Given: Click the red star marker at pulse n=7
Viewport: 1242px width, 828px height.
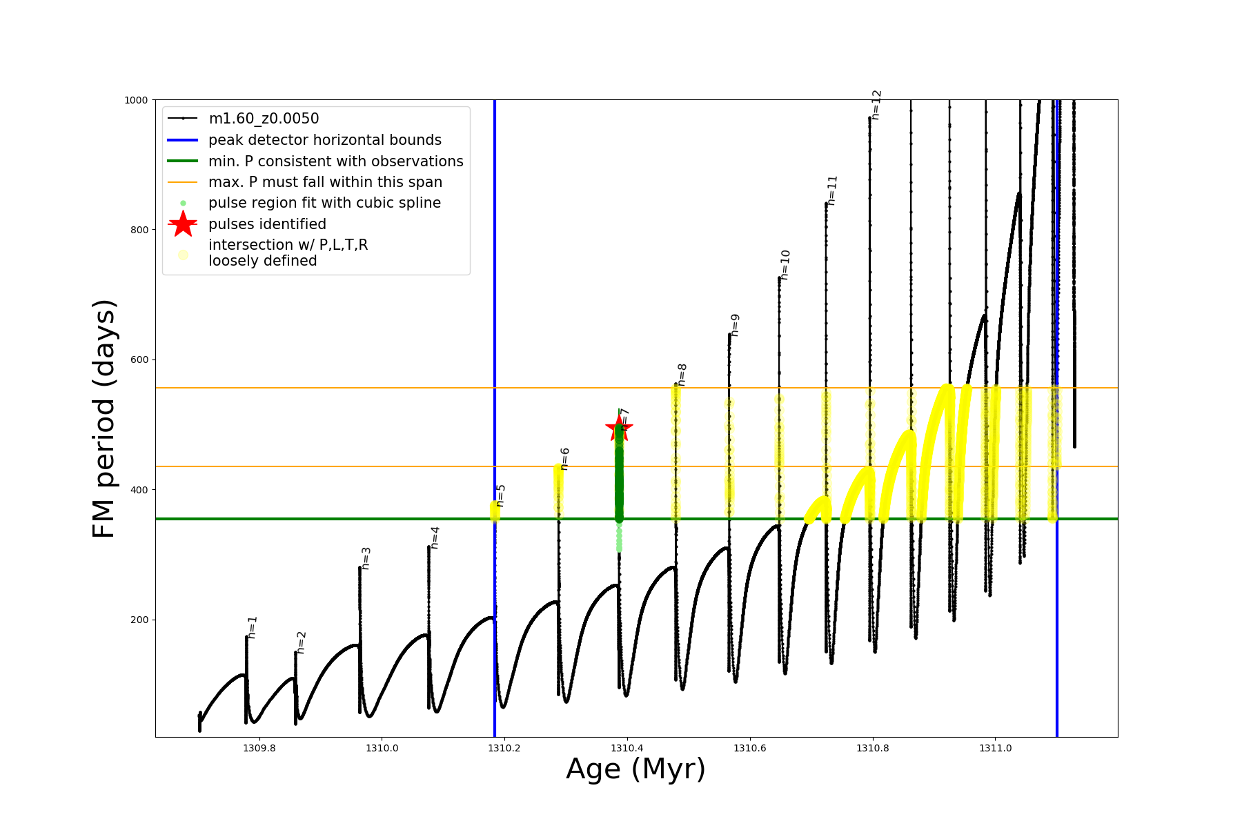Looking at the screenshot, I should (618, 428).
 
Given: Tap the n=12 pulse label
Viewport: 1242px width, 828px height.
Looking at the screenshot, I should (876, 105).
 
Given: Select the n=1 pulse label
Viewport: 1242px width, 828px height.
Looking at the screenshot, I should (253, 627).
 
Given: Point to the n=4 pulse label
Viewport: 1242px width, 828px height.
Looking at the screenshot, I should (435, 538).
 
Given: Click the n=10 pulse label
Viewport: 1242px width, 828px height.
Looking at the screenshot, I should (785, 265).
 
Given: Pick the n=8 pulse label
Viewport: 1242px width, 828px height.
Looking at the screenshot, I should (682, 375).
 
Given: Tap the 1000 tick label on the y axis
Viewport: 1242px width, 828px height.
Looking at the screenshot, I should (136, 100).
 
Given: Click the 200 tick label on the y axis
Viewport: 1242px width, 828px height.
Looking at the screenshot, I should (139, 620).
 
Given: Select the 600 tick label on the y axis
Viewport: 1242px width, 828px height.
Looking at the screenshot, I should (139, 359).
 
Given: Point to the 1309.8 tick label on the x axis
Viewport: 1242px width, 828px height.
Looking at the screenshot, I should (259, 748).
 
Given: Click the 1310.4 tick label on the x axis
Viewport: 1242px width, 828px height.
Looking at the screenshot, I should (627, 748).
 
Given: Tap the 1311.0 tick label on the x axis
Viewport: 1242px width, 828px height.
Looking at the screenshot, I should (995, 748).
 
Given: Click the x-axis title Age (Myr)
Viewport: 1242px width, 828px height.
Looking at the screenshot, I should (635, 769).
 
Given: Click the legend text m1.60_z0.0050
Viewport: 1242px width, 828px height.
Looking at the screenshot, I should (264, 119).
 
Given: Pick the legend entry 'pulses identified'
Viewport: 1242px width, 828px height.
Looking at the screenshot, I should (267, 224).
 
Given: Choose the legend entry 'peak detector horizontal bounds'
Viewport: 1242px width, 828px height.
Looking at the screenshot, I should (324, 140).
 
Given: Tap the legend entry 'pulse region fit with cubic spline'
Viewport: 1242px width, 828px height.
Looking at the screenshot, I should (324, 203).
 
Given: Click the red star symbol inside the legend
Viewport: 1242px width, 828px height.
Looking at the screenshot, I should (183, 224).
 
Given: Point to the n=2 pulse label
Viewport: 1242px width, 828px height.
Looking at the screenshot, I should (301, 642).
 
